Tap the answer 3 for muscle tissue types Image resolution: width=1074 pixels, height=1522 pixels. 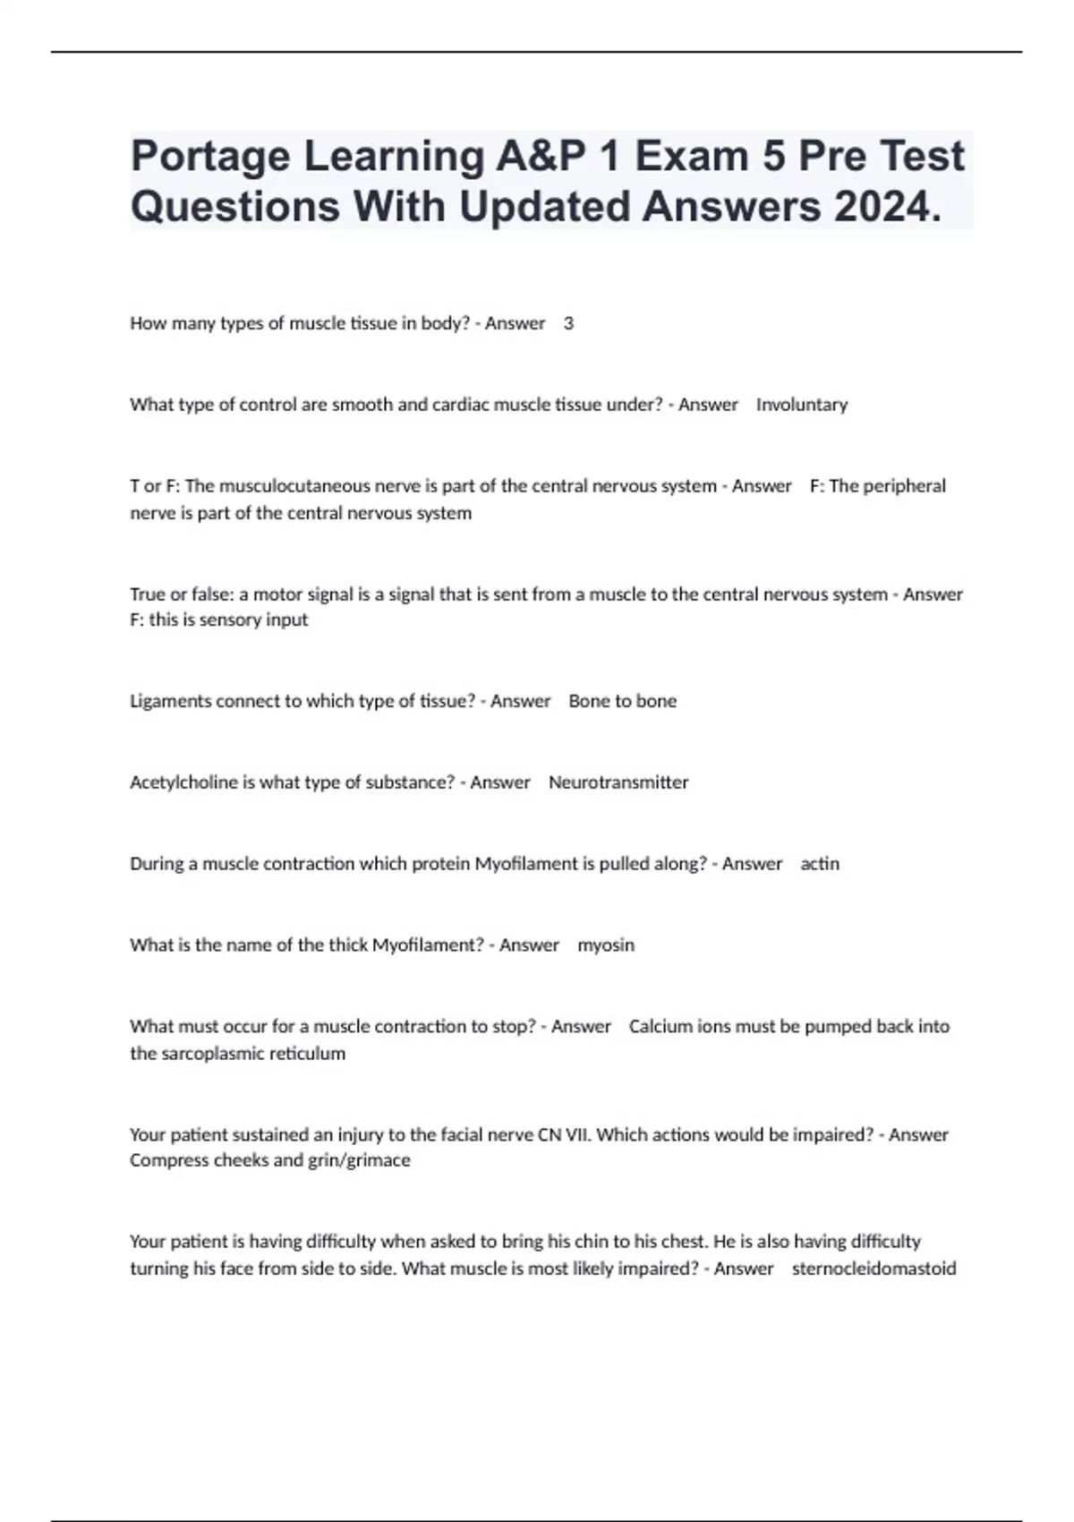568,324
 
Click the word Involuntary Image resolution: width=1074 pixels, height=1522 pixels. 801,405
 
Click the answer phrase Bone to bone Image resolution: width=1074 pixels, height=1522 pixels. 622,701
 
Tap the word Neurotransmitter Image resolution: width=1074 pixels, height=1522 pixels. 618,782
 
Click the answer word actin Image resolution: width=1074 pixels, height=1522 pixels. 820,864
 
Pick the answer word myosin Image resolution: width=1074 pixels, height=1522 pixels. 606,945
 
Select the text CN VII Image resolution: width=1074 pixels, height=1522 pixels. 564,1135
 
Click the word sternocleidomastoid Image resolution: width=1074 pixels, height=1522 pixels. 874,1269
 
